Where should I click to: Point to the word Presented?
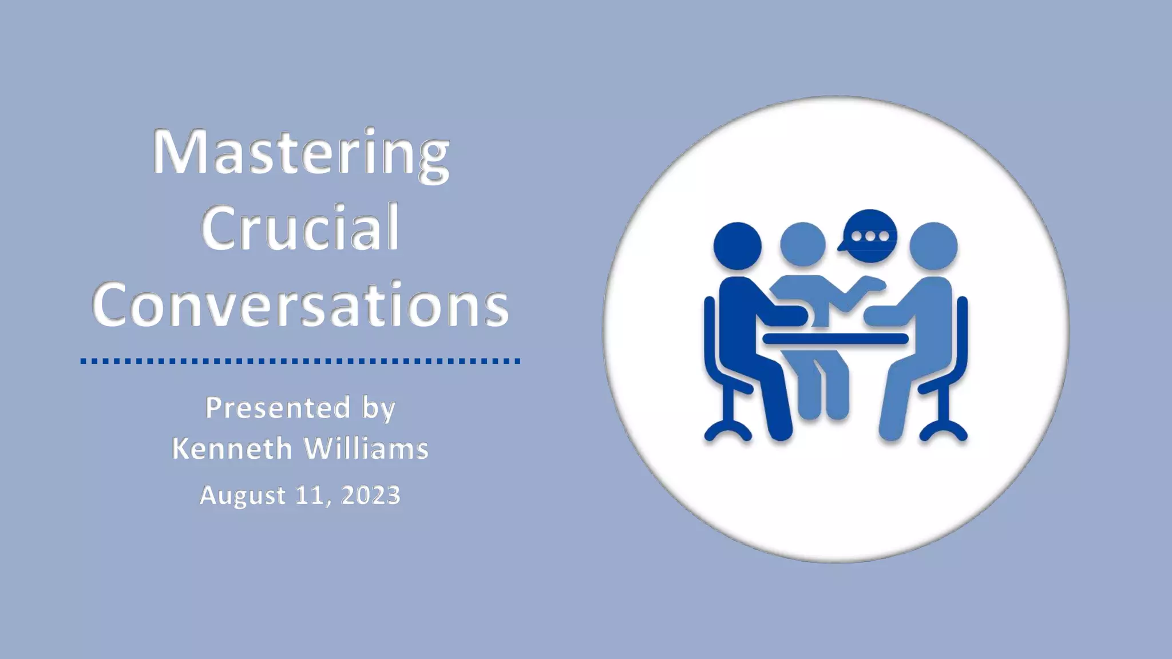(x=278, y=408)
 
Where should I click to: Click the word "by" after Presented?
(x=379, y=410)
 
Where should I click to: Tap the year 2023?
(x=371, y=495)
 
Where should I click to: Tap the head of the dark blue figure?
(x=737, y=247)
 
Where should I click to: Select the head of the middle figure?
(x=802, y=245)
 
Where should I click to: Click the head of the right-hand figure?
(x=933, y=247)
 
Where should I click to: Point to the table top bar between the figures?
(x=836, y=339)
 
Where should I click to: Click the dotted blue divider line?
(x=300, y=361)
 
